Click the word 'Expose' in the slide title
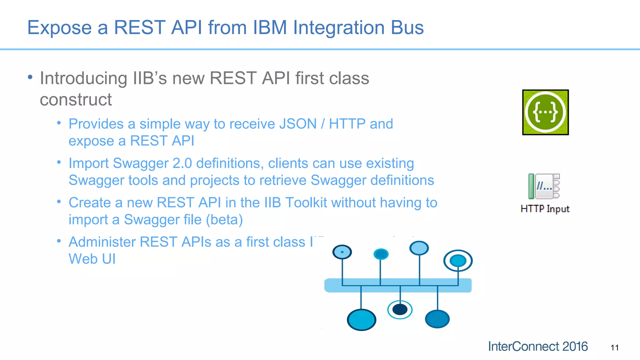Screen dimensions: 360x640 59,28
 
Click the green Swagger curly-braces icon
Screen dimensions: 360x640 545,112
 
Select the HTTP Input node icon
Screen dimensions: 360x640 544,187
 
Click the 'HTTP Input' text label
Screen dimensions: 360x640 545,209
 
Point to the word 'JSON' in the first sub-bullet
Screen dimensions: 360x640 298,124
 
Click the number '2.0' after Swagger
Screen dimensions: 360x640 182,163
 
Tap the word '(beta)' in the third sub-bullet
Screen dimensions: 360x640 224,220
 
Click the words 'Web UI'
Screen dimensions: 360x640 92,259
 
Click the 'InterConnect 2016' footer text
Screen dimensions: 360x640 537,347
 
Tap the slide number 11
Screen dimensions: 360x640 614,348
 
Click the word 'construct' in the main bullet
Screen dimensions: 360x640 76,100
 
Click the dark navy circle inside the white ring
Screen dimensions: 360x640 400,310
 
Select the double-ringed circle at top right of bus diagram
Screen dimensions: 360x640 458,261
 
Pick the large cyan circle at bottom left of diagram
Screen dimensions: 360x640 361,320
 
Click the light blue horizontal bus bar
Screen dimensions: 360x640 397,285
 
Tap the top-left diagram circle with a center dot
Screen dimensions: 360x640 342,252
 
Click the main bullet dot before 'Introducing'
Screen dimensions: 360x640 30,77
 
